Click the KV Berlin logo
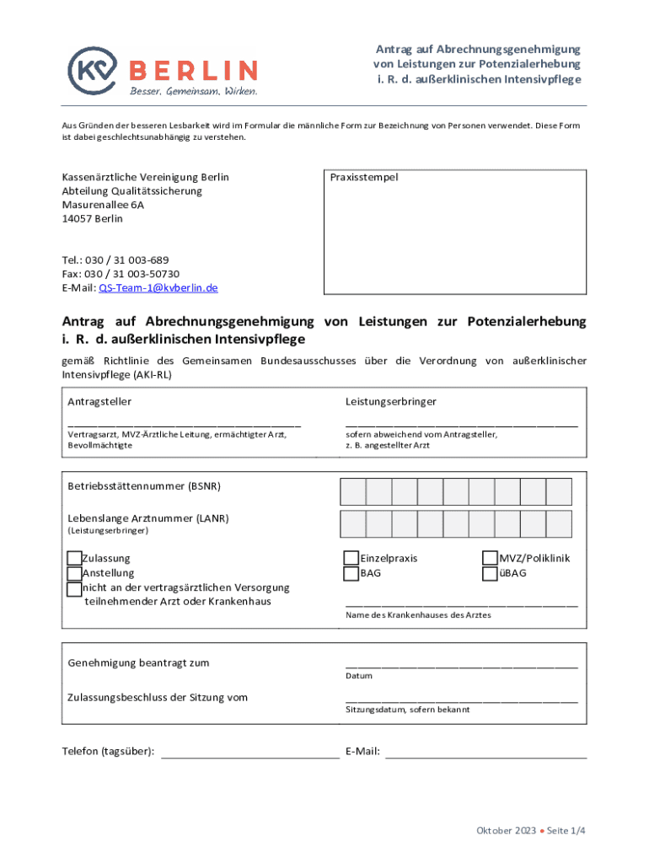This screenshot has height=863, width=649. (x=163, y=70)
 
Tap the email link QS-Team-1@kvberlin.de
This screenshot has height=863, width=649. (x=158, y=287)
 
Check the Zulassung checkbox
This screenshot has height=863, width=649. (x=75, y=558)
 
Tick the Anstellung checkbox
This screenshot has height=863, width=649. (x=75, y=573)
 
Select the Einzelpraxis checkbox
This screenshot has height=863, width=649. (x=351, y=558)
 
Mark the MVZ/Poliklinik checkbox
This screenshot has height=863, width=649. (x=490, y=558)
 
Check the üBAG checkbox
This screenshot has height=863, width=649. (x=490, y=573)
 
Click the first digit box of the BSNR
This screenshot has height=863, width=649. (x=353, y=491)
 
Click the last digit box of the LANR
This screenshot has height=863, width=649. (x=559, y=524)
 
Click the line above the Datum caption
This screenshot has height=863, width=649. (x=462, y=667)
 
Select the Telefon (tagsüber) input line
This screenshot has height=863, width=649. (x=250, y=758)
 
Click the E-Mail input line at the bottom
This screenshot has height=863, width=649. (x=485, y=758)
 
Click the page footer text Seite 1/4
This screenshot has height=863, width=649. (x=566, y=831)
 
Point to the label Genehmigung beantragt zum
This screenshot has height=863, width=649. (x=138, y=662)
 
